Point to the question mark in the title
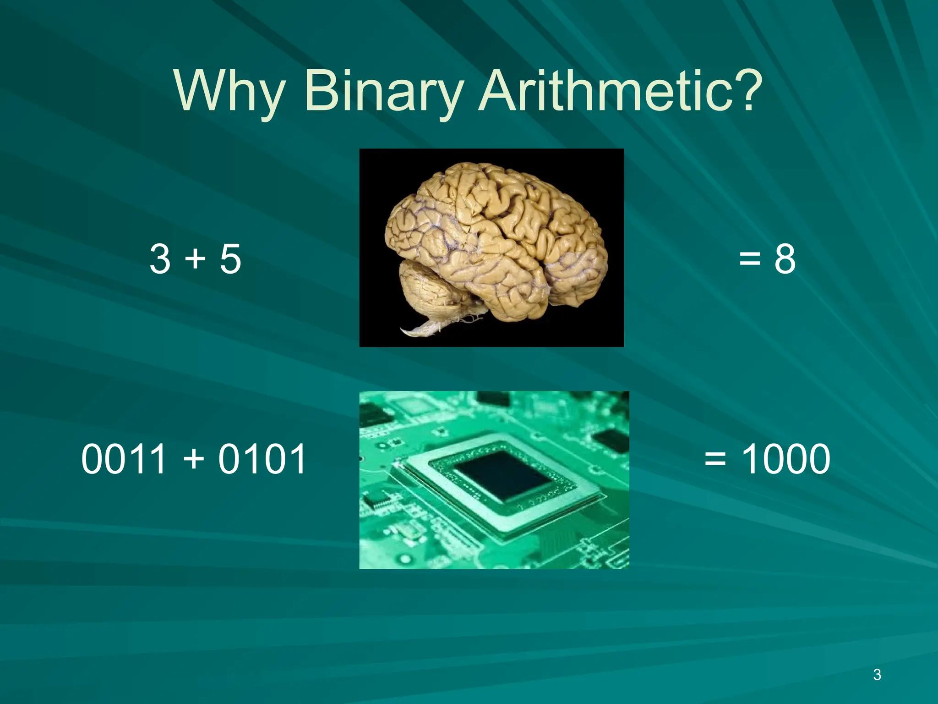click(745, 89)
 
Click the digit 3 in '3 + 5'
click(160, 259)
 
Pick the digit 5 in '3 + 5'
click(230, 259)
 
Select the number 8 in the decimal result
click(785, 259)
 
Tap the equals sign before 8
click(750, 259)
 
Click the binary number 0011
click(124, 459)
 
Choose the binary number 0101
click(262, 459)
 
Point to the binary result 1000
click(785, 459)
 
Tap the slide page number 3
click(877, 675)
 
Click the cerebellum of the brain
click(428, 289)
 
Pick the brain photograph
click(491, 247)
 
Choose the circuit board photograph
click(494, 480)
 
